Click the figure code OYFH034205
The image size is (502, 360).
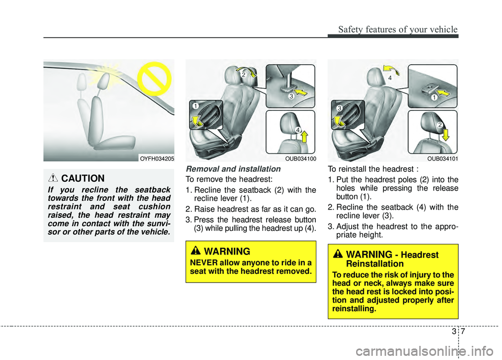tap(157, 158)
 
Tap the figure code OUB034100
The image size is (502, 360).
tap(300, 158)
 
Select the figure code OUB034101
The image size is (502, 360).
tap(442, 158)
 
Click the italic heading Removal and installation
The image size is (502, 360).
tap(233, 169)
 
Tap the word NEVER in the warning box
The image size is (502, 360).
tap(202, 262)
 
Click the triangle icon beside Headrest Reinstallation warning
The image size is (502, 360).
tap(338, 254)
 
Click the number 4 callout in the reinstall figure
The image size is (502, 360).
tap(389, 77)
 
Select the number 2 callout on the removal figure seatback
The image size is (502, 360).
tap(244, 75)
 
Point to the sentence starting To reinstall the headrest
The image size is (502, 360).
tap(366, 169)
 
